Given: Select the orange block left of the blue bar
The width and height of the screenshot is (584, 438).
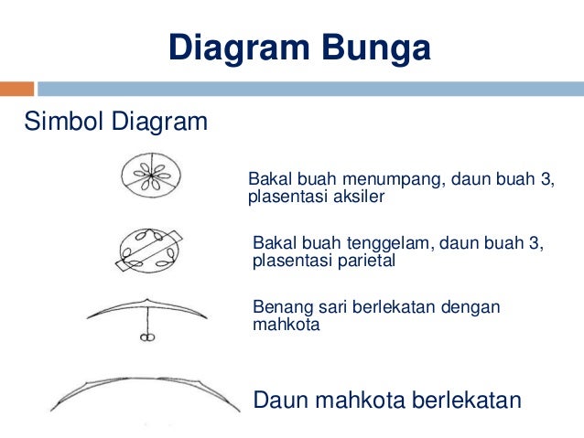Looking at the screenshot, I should (16, 89).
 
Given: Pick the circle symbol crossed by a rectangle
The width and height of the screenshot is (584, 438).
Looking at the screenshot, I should (149, 251).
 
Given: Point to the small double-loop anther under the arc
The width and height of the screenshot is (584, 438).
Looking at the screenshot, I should (144, 338).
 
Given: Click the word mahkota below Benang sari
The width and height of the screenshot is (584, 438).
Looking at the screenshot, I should (286, 324).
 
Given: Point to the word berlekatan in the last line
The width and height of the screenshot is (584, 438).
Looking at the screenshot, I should (466, 400).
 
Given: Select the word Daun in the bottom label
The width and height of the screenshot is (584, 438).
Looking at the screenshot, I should (276, 400).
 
